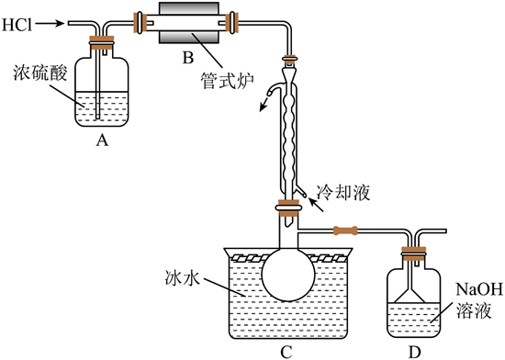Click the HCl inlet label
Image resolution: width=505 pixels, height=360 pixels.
(17, 24)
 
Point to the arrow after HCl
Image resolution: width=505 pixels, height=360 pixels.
(50, 23)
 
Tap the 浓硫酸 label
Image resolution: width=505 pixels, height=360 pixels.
(40, 73)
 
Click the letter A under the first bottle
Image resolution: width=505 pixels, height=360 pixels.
(102, 141)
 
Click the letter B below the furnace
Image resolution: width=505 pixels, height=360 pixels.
(188, 58)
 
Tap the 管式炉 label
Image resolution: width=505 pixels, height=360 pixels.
(227, 80)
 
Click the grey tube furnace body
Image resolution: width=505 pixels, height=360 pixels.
(189, 23)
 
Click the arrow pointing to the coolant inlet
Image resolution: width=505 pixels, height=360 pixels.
(316, 206)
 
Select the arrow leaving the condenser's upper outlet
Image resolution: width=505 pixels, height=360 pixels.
(264, 103)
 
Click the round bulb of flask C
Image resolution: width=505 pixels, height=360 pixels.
(288, 276)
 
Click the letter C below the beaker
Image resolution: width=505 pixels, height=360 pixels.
(286, 352)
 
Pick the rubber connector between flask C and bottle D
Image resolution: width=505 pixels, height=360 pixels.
(345, 231)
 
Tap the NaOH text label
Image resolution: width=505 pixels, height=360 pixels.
(479, 289)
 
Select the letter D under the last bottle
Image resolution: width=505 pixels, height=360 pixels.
(414, 352)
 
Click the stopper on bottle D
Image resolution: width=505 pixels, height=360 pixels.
(413, 253)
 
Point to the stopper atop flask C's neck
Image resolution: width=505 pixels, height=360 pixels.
(288, 208)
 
